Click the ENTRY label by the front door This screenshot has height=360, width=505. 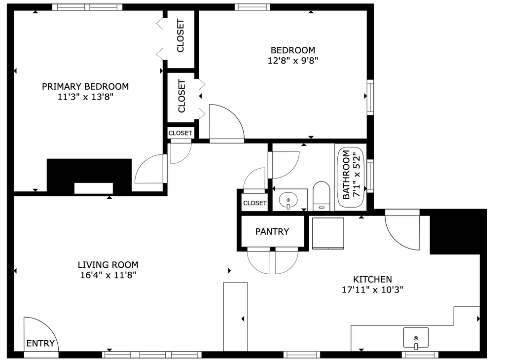(40, 343)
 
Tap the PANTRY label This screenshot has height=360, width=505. (272, 231)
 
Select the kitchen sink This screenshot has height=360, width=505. (416, 338)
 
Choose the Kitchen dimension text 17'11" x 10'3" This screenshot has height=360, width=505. (373, 290)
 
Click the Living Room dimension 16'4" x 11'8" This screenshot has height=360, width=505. (108, 275)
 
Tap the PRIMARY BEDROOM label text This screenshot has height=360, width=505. (85, 86)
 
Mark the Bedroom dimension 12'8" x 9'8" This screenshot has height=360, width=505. (293, 61)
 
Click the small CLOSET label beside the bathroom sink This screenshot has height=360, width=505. (255, 203)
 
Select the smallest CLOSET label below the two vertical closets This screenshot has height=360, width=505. (180, 133)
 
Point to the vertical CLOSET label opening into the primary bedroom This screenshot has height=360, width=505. (180, 36)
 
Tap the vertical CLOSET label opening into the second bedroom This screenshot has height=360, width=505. (181, 96)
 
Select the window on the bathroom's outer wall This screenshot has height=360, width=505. (370, 176)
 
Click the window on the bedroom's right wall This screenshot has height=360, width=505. (370, 97)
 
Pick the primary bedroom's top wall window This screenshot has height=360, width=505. (87, 7)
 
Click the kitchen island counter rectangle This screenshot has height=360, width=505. (235, 317)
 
